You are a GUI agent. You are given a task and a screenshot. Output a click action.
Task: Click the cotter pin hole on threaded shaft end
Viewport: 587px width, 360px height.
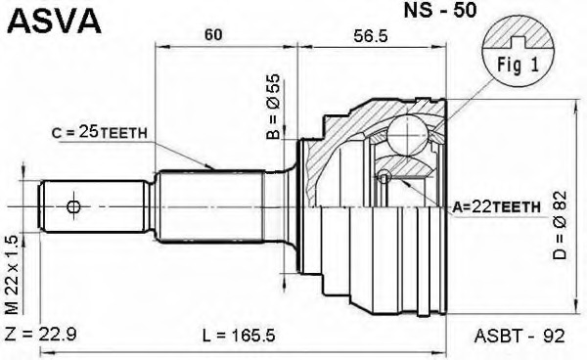click(73, 206)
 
